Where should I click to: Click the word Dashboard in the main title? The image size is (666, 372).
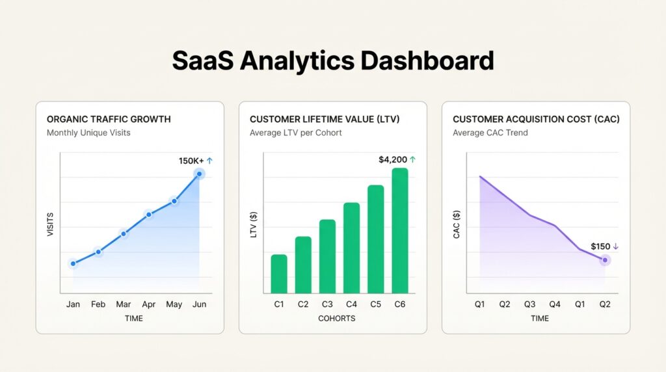(427, 60)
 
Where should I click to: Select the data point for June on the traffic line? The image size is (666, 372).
(199, 174)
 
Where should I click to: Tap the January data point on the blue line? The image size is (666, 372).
(73, 263)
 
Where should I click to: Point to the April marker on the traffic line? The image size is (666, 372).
(149, 215)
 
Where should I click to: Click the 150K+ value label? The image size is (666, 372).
(191, 161)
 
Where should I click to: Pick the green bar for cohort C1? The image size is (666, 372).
(279, 274)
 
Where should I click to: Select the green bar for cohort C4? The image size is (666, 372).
(352, 248)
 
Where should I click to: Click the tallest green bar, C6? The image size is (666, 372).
(400, 231)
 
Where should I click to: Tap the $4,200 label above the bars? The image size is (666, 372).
(393, 160)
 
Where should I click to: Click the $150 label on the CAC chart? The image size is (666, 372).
(600, 246)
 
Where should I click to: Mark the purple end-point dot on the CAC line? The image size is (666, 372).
(605, 260)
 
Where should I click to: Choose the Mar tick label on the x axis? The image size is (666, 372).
(123, 304)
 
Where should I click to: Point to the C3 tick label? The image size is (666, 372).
(327, 304)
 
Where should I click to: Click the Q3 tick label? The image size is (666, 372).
(529, 304)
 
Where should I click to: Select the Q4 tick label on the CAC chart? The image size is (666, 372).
(555, 304)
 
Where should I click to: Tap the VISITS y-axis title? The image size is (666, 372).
(51, 224)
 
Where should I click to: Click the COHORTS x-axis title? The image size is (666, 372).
(337, 319)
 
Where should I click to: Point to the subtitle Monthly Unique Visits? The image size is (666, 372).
(88, 133)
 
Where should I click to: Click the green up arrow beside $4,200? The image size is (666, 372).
(413, 160)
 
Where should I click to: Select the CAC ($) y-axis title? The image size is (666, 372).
(457, 224)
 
